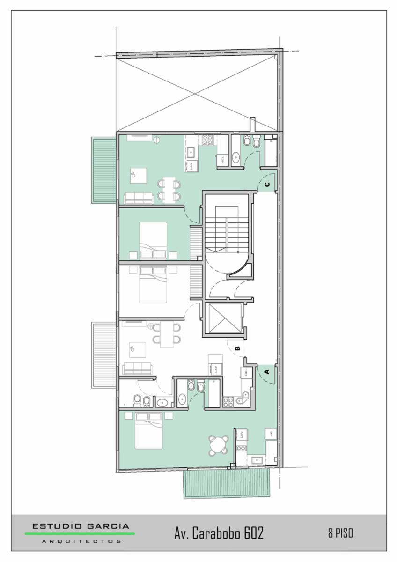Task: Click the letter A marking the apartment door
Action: click(x=267, y=371)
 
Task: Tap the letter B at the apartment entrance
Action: click(x=238, y=348)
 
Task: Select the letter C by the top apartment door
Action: click(x=267, y=185)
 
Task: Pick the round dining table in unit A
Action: click(x=219, y=445)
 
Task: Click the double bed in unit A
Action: click(x=148, y=431)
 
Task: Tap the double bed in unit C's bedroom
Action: click(x=153, y=240)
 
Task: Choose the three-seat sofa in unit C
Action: click(x=139, y=198)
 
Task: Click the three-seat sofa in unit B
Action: click(x=137, y=368)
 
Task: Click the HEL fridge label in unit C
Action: click(x=222, y=160)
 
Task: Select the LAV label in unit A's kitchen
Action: click(x=242, y=435)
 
